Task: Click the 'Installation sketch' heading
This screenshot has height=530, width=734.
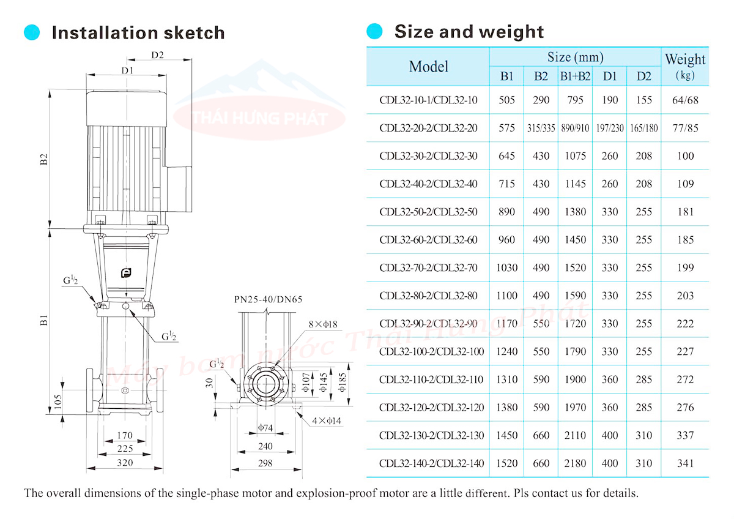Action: pyautogui.click(x=138, y=32)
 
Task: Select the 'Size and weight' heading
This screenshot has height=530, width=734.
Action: pyautogui.click(x=469, y=31)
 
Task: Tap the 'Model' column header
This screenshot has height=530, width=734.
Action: pyautogui.click(x=428, y=67)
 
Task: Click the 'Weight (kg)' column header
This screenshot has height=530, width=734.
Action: pyautogui.click(x=685, y=66)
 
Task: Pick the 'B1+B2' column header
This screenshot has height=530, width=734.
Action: pyautogui.click(x=575, y=77)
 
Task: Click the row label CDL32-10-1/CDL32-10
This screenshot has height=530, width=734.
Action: pyautogui.click(x=428, y=100)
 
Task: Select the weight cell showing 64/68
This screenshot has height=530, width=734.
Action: pyautogui.click(x=685, y=100)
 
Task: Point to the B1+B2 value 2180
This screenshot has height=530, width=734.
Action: pyautogui.click(x=575, y=463)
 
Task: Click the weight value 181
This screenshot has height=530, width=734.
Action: pyautogui.click(x=686, y=212)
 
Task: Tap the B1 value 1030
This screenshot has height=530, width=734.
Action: pyautogui.click(x=506, y=267)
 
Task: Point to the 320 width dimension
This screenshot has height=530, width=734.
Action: pyautogui.click(x=125, y=463)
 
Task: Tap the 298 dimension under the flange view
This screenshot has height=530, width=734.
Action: pyautogui.click(x=265, y=464)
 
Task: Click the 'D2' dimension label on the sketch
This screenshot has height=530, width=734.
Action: pyautogui.click(x=157, y=56)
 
